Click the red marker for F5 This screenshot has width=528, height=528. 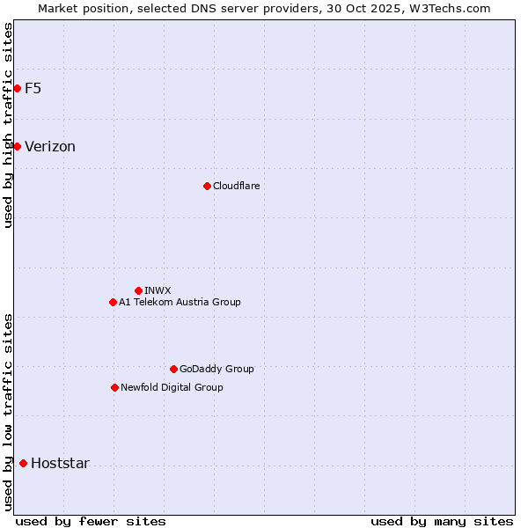click(17, 88)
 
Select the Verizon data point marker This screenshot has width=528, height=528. click(17, 146)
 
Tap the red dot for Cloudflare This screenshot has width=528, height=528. click(207, 186)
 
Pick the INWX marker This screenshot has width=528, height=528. click(138, 290)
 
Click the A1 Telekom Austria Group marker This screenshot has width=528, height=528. click(113, 302)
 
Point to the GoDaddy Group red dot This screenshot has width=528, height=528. click(173, 369)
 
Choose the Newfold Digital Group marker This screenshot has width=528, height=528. click(114, 387)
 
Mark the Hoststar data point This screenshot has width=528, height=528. click(23, 463)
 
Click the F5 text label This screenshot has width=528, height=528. click(33, 88)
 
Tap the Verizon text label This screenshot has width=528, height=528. click(50, 147)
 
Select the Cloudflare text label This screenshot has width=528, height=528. click(236, 186)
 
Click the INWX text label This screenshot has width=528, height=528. click(158, 290)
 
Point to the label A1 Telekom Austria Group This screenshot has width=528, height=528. click(180, 302)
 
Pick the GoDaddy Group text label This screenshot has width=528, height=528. click(216, 369)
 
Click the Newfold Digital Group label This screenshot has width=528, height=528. click(172, 387)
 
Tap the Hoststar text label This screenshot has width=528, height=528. click(60, 464)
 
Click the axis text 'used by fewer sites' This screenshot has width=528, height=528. click(91, 521)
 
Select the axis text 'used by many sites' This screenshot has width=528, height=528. click(442, 521)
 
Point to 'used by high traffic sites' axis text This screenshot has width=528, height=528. click(8, 125)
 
